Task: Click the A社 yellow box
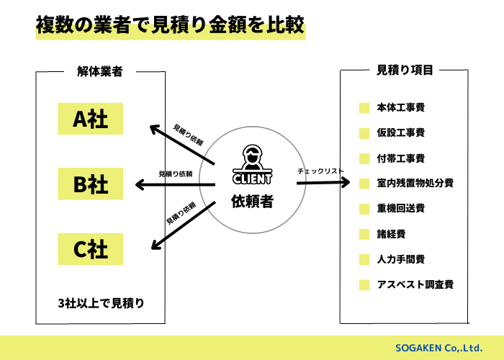(91, 119)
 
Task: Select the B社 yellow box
(91, 184)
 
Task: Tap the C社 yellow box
(91, 249)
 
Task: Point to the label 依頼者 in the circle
(252, 202)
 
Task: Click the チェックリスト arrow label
(320, 171)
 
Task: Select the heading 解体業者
(100, 71)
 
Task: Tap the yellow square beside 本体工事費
(364, 108)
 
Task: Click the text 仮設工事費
(401, 133)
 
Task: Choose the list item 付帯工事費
(401, 158)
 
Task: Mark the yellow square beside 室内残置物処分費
(364, 184)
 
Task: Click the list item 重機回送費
(401, 209)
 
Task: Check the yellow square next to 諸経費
(364, 234)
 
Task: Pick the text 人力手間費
(401, 259)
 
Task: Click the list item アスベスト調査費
(415, 284)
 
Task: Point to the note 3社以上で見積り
(102, 302)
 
